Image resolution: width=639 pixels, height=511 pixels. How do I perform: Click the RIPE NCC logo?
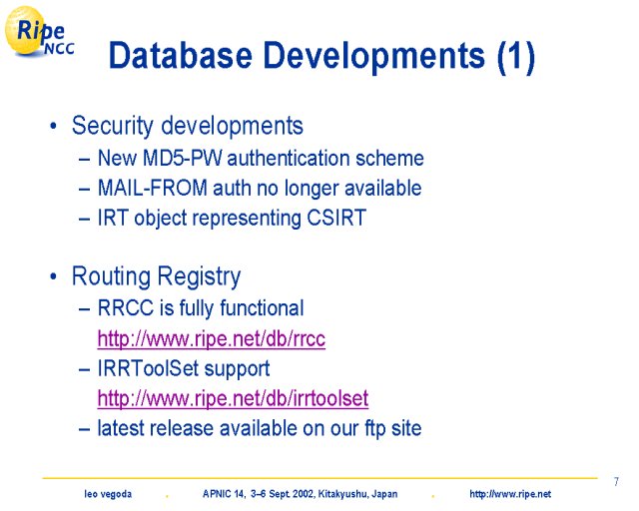pyautogui.click(x=39, y=32)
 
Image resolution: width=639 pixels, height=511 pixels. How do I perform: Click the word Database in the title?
pyautogui.click(x=181, y=56)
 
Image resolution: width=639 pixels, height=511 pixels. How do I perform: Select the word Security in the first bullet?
pyautogui.click(x=112, y=126)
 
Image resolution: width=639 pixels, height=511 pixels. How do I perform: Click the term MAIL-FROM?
pyautogui.click(x=153, y=189)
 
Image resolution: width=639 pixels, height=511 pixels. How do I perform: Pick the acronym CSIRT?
pyautogui.click(x=336, y=218)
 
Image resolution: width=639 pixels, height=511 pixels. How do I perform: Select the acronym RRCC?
pyautogui.click(x=126, y=308)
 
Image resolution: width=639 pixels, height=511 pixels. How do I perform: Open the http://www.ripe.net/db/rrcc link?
pyautogui.click(x=212, y=339)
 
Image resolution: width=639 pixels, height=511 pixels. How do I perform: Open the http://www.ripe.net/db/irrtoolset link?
pyautogui.click(x=233, y=398)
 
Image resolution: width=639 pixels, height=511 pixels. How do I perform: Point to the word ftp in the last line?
pyautogui.click(x=374, y=429)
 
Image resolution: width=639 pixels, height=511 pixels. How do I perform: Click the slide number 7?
pyautogui.click(x=616, y=482)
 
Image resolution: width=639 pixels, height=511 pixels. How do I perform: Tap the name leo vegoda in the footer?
pyautogui.click(x=108, y=494)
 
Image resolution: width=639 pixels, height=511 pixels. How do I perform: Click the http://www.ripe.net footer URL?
pyautogui.click(x=510, y=495)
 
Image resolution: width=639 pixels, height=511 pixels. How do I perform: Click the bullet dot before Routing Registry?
pyautogui.click(x=53, y=276)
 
